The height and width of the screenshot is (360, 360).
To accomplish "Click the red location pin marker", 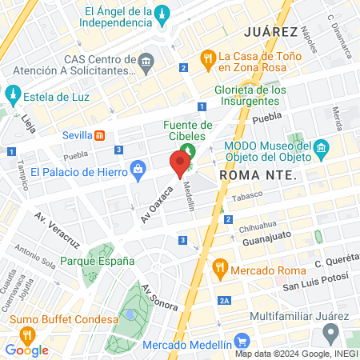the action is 181,164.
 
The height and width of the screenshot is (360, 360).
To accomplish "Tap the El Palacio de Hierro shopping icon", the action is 138,170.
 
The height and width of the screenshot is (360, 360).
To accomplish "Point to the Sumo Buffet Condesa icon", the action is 27,335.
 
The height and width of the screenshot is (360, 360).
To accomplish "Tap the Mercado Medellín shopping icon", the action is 132,346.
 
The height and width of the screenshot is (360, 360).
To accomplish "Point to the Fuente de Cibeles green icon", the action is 189,150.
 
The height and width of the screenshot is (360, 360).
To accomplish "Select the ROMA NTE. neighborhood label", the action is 251,174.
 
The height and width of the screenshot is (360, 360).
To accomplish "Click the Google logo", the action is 26,350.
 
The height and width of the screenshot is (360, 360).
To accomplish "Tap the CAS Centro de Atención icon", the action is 146,61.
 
